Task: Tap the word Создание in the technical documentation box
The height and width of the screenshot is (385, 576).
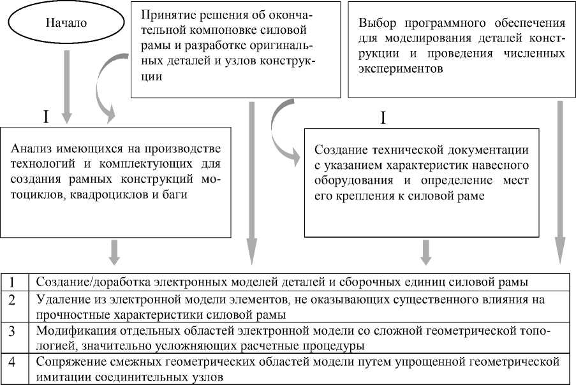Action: pos(339,150)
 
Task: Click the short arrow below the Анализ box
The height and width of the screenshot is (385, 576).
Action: pos(114,251)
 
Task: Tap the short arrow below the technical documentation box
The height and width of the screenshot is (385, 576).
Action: pos(426,251)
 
